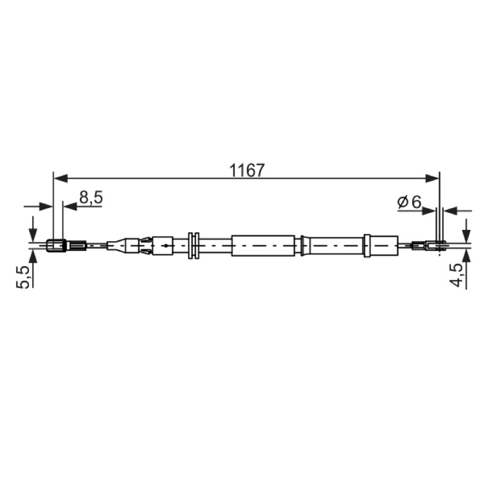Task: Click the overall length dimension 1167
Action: click(247, 171)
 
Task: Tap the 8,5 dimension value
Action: click(91, 198)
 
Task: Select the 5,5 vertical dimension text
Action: click(24, 277)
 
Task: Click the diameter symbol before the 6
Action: click(402, 202)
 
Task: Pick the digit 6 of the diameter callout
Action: click(416, 202)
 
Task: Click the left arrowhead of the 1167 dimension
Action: click(60, 178)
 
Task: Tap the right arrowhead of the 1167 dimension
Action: click(432, 178)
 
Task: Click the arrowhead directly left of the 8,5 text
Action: click(70, 206)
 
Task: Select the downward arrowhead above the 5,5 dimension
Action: click(32, 235)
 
